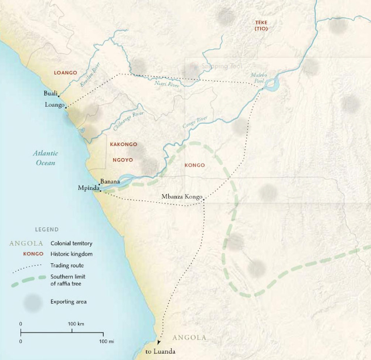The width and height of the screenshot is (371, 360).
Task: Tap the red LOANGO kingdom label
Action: [65, 73]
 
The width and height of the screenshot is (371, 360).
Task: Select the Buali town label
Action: [51, 93]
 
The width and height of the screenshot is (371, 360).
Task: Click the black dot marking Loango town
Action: [66, 107]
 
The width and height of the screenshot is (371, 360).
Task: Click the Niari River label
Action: [167, 83]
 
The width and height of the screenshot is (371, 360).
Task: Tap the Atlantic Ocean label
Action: [44, 158]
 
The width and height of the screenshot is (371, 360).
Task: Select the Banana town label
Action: [110, 182]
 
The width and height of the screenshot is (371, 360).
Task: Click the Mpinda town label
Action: [89, 188]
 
